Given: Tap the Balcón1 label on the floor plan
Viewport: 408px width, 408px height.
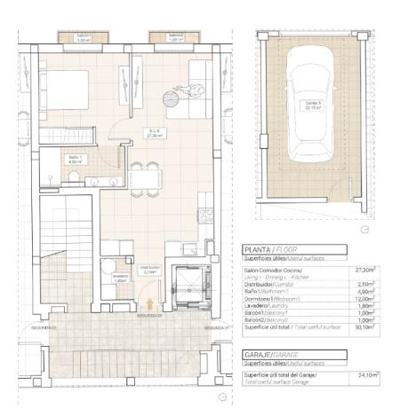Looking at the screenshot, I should pyautogui.click(x=84, y=37).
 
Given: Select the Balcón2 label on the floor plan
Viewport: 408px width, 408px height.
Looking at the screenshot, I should pyautogui.click(x=175, y=37).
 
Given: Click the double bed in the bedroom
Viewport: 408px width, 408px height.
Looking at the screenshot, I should pyautogui.click(x=64, y=89).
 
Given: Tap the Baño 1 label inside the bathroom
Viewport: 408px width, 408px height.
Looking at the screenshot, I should pyautogui.click(x=74, y=161).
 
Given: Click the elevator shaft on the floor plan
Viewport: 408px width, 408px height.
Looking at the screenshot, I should pyautogui.click(x=189, y=286).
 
